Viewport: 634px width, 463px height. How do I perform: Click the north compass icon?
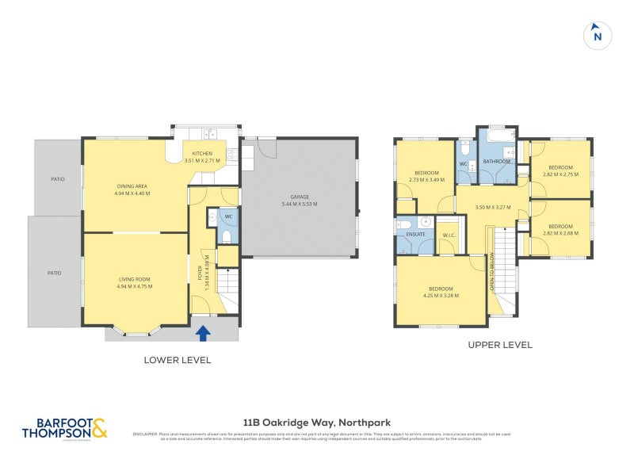tap(598, 35)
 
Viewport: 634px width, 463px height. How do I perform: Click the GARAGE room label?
tap(299, 197)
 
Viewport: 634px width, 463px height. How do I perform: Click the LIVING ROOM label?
tap(134, 279)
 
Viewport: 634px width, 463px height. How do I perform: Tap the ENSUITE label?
tap(415, 235)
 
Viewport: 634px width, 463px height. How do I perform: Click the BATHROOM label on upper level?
tap(496, 162)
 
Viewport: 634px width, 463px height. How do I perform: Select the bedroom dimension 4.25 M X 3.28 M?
tap(441, 295)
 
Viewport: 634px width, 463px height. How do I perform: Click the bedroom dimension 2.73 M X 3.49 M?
tap(426, 180)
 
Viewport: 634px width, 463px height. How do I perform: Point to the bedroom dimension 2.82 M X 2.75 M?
tap(560, 174)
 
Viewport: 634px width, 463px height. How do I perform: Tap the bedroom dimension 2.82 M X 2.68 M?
tap(560, 233)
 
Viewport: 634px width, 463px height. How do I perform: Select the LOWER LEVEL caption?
tap(177, 360)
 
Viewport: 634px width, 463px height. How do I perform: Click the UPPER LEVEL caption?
tap(500, 345)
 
